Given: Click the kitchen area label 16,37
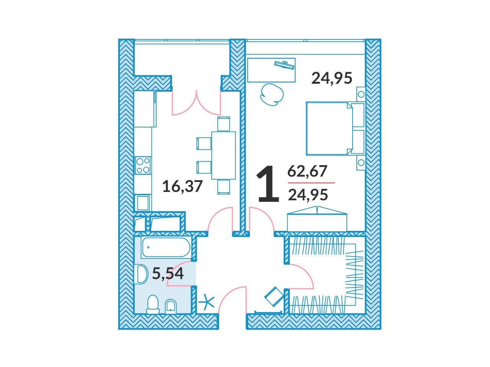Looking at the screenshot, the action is coord(182,186).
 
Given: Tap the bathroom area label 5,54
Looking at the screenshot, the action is coord(168,273).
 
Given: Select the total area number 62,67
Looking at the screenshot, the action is coord(307,171).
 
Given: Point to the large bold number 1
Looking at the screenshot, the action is coord(268,184).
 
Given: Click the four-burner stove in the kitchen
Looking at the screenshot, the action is coord(143,165).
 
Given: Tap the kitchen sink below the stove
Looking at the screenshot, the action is coord(143,203).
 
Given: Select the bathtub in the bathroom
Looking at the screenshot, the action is coord(166,247).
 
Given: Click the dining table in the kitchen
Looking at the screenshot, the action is coord(224,156).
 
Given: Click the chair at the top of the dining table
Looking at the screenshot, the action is coord(224,124).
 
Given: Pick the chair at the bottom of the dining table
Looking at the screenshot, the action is coord(224,187).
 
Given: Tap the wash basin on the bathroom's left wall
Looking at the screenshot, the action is coord(142,274).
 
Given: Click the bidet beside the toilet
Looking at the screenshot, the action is coord(171,307).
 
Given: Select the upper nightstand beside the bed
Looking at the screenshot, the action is coord(361,94).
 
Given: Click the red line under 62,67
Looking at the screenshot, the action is coord(311,183).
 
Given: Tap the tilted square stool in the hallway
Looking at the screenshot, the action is coord(274,297).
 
